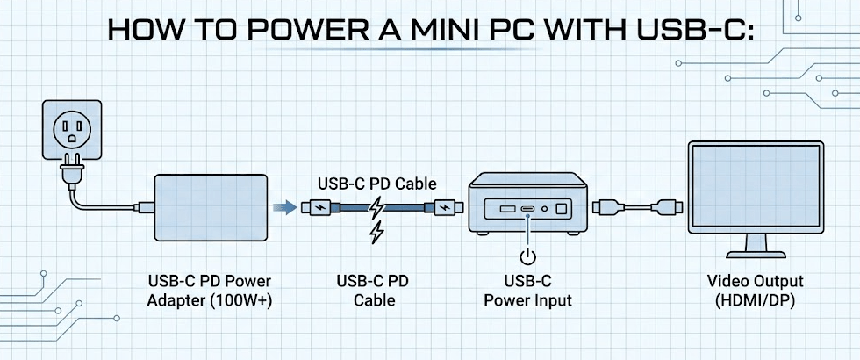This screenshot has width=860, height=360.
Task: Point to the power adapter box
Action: click(x=211, y=208)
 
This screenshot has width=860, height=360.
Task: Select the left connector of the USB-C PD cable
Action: click(x=315, y=208)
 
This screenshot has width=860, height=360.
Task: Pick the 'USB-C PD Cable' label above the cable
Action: click(x=376, y=184)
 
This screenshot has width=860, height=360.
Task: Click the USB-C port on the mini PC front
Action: click(x=527, y=209)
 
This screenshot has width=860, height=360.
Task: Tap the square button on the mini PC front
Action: click(x=563, y=209)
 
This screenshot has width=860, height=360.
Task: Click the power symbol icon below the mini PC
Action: click(x=527, y=257)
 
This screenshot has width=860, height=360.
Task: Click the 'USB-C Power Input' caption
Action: click(x=527, y=291)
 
